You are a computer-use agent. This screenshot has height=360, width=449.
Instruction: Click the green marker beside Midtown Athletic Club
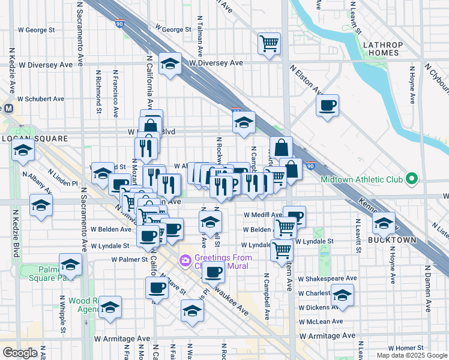coord(411,179)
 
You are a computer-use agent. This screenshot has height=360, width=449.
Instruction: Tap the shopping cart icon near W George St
coord(270,43)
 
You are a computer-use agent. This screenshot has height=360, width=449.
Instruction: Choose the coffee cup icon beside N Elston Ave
coord(327,106)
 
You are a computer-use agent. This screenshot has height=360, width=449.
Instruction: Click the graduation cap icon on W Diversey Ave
coord(170,64)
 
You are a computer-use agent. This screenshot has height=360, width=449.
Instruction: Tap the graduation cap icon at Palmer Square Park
coord(70,265)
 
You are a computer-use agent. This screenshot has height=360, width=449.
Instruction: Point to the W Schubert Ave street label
coord(41,99)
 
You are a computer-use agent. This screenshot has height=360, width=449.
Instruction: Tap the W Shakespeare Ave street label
coord(327,278)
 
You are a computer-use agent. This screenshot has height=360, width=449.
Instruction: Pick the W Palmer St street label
coord(129,260)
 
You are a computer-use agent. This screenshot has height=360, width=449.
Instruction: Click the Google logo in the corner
coord(20,353)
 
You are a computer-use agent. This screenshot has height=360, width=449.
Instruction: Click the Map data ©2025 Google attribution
coord(412,355)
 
